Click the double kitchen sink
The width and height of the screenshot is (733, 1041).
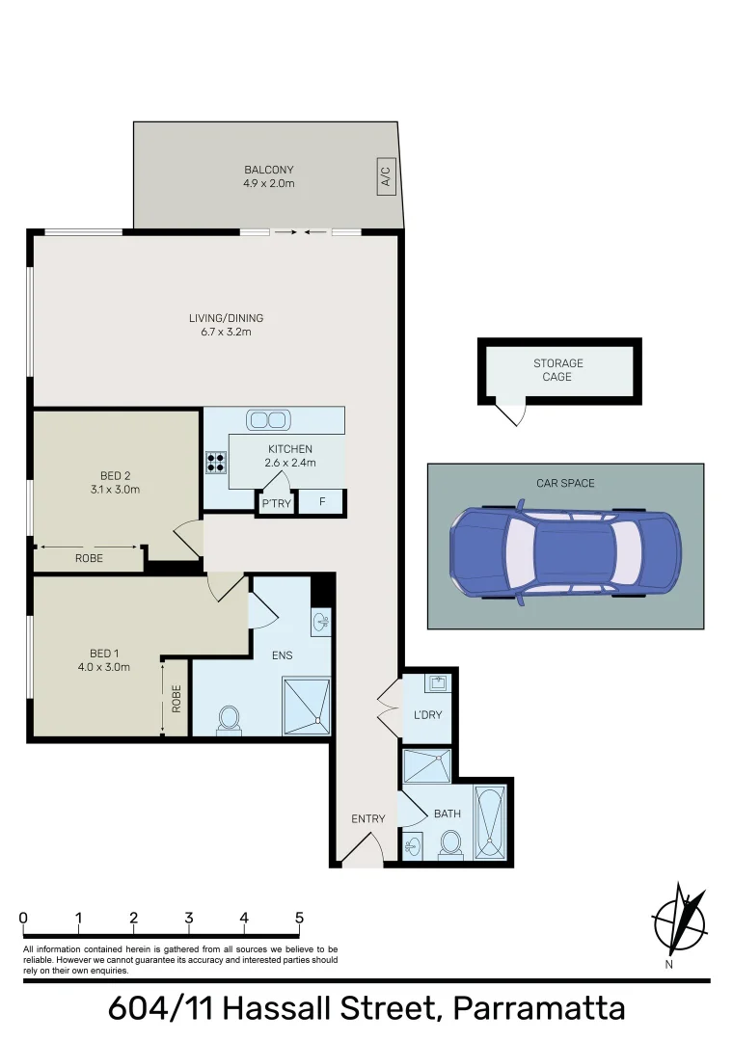(267, 420)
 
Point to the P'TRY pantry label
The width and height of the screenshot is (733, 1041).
(276, 503)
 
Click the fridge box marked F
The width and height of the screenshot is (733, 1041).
(321, 503)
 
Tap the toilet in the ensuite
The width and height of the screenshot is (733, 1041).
(229, 719)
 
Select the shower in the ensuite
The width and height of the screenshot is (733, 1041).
(306, 707)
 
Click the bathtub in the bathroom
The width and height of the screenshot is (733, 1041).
(490, 821)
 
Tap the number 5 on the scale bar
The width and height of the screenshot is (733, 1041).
(300, 918)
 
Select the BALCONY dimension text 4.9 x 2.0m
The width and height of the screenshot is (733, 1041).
(269, 183)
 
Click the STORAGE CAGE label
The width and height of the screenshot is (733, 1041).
(558, 370)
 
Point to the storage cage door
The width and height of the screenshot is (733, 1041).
(511, 413)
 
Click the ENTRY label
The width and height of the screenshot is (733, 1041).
(367, 819)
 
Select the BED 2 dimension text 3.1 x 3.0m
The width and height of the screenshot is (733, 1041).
(120, 489)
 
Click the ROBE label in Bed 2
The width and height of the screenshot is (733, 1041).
(89, 558)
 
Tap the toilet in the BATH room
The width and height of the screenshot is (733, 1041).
(449, 844)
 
